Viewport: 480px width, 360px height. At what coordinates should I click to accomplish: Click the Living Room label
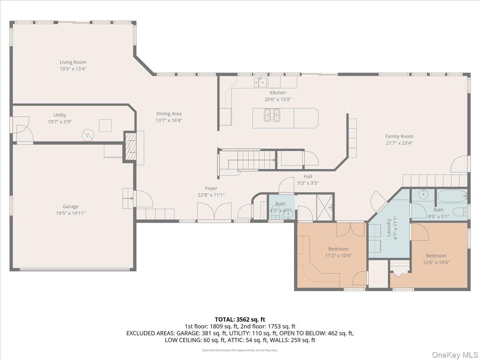click(x=73, y=62)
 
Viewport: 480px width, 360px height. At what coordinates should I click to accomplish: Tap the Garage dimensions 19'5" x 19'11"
click(x=70, y=213)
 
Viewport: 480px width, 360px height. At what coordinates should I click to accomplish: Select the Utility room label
click(x=60, y=115)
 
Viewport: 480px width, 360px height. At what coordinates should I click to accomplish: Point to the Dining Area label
click(x=168, y=114)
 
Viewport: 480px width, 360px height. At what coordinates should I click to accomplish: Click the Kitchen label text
click(x=277, y=93)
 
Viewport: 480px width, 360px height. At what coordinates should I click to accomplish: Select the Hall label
click(x=308, y=176)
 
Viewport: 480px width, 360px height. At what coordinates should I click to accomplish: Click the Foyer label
click(x=211, y=188)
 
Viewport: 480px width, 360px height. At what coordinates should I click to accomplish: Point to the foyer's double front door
click(x=214, y=211)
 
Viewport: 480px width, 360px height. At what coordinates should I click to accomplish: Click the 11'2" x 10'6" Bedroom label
click(x=338, y=249)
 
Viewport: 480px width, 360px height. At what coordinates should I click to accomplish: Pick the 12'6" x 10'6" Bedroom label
click(x=436, y=256)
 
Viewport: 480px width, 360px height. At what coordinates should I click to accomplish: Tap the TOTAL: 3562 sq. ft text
click(x=240, y=319)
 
